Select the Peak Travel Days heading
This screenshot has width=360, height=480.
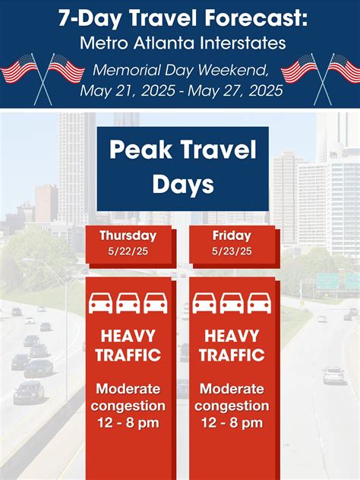(x=182, y=166)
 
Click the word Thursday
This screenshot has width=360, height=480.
(x=128, y=235)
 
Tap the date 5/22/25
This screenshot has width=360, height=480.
(x=128, y=251)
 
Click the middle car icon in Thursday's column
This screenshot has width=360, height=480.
(x=128, y=303)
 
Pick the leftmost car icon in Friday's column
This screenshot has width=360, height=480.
(x=204, y=303)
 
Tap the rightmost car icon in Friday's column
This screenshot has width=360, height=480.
(x=259, y=303)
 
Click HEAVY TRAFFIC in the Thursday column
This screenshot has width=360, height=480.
(x=128, y=345)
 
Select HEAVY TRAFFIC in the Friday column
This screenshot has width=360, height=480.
(x=234, y=345)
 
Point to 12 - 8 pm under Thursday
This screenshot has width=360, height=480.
(x=128, y=423)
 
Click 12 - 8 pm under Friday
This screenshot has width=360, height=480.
(x=234, y=423)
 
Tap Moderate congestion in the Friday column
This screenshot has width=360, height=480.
(x=234, y=396)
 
